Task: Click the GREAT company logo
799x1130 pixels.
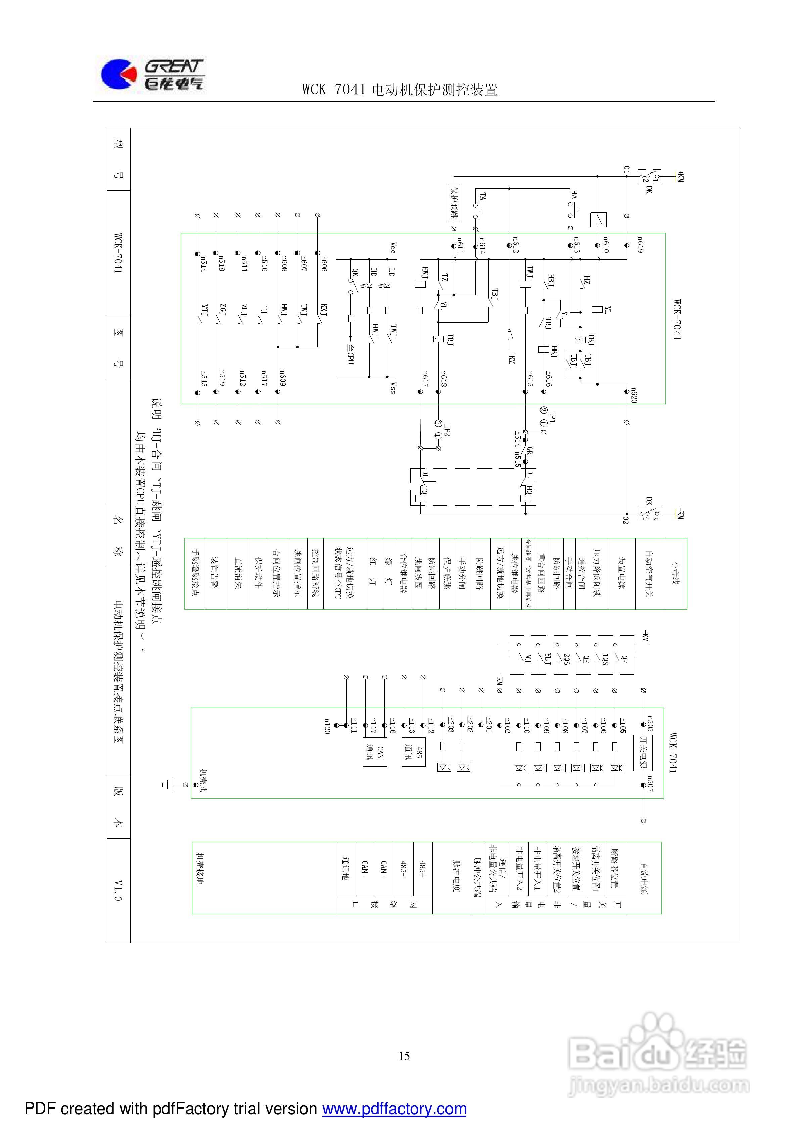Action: (x=151, y=75)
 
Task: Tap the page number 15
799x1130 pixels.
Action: (x=404, y=1056)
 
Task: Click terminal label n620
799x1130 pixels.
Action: (x=634, y=395)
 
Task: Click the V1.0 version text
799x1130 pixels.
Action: (x=118, y=890)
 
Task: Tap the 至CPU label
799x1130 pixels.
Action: (x=350, y=354)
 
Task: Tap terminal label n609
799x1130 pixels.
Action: (x=283, y=378)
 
